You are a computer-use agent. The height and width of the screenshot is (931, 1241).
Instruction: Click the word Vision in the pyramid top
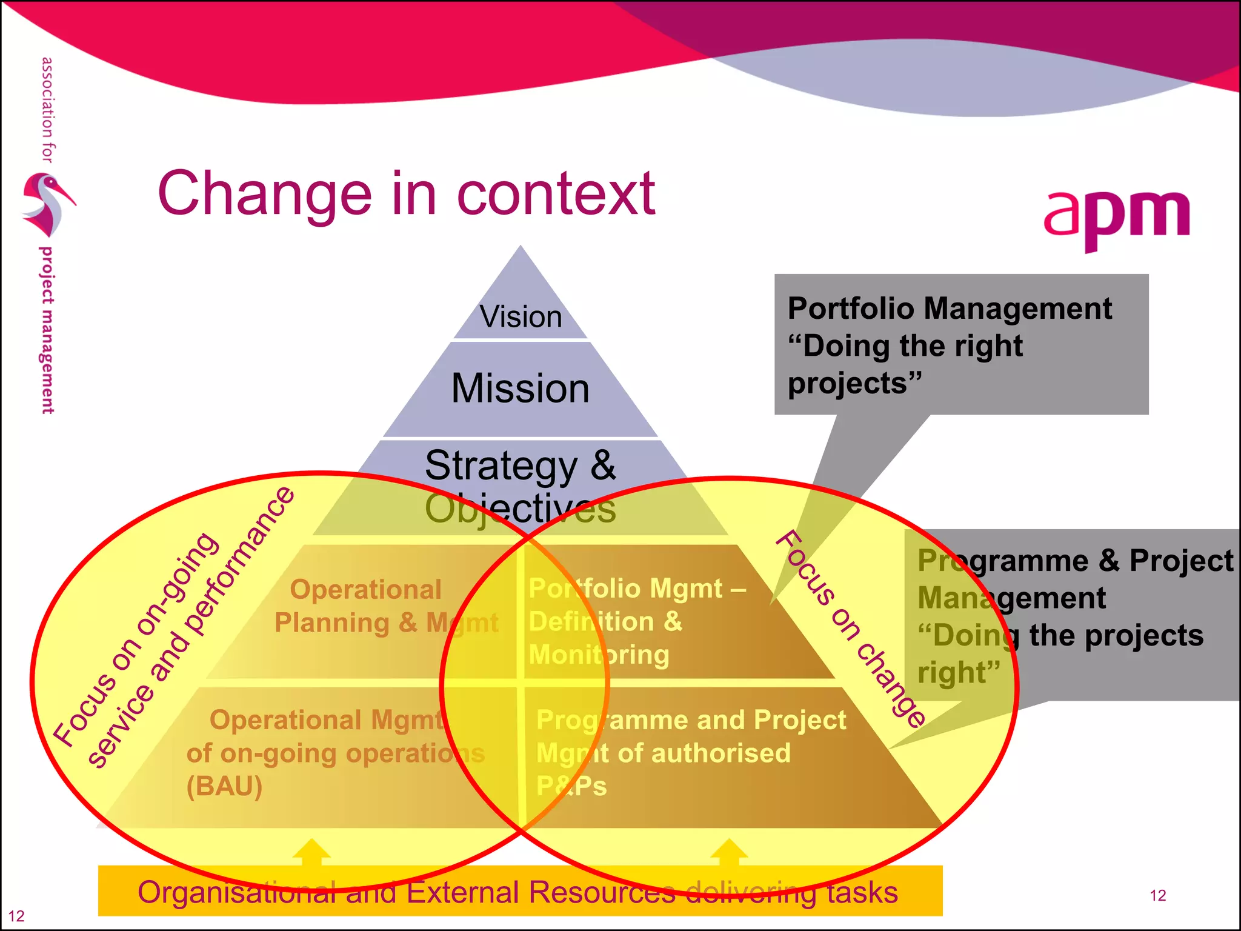point(521,317)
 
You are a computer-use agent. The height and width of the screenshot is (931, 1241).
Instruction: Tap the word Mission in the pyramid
point(521,389)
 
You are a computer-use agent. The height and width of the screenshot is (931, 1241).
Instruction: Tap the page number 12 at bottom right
point(1157,895)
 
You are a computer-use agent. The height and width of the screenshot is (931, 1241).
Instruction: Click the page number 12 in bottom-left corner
point(16,916)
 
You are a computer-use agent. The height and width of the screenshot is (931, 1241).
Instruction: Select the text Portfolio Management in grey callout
point(949,309)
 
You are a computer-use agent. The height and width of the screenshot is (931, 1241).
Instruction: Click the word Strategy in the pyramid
point(501,465)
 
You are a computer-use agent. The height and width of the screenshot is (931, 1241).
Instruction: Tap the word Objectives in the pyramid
point(520,509)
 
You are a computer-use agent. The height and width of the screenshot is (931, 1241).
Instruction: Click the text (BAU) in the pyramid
point(224,786)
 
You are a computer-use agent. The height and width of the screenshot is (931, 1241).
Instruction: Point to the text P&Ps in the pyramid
point(571,786)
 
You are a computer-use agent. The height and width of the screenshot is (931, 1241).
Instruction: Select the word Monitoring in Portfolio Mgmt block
point(599,655)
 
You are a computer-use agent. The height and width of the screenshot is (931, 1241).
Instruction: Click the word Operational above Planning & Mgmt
point(365,589)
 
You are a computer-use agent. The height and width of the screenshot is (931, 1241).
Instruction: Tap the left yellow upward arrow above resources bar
point(311,852)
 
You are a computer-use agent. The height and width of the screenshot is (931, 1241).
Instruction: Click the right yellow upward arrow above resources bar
point(729,852)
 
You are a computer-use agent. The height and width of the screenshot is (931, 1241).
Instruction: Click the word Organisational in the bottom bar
point(236,893)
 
